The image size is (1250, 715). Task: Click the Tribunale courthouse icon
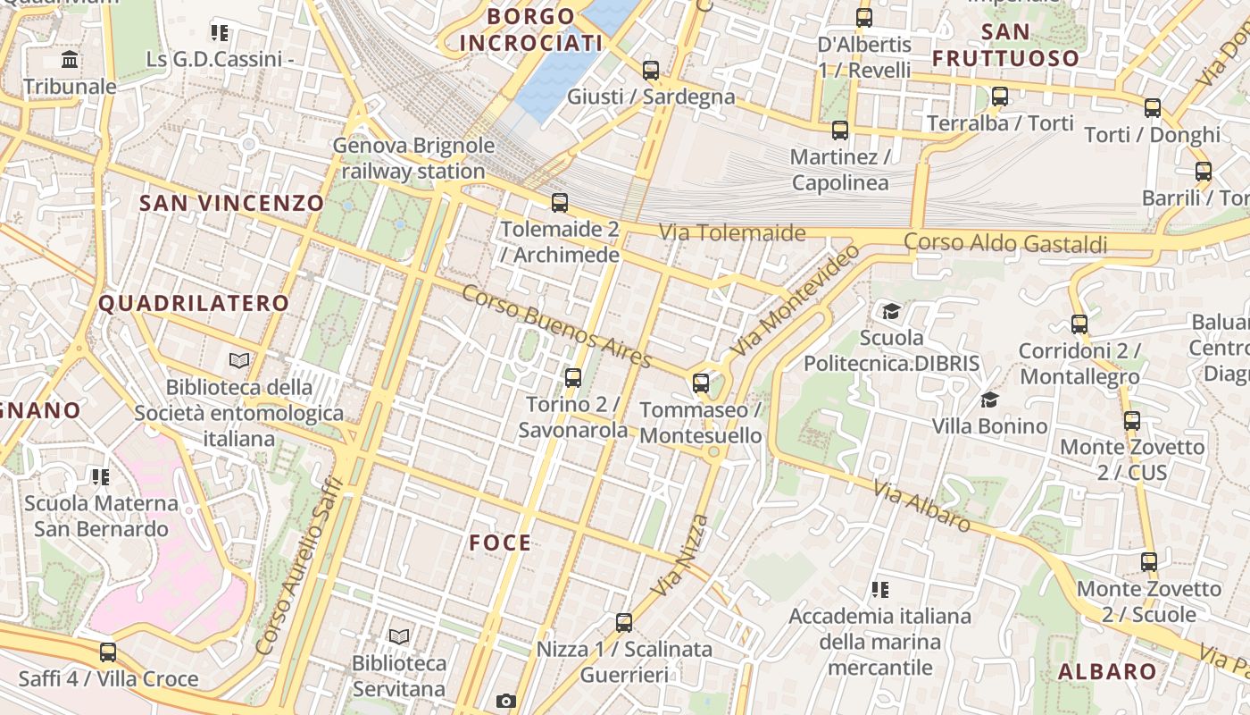click(70, 60)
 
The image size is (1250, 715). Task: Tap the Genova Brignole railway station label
click(413, 158)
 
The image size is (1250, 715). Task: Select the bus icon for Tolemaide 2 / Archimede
click(560, 203)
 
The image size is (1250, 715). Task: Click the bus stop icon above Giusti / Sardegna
click(651, 70)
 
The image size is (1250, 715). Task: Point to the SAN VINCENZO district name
click(231, 203)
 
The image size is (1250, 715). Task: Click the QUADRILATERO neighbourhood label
click(194, 303)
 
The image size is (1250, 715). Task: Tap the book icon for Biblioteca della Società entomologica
click(239, 361)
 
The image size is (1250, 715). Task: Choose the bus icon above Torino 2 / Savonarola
click(573, 378)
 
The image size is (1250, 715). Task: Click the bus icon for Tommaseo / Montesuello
click(701, 383)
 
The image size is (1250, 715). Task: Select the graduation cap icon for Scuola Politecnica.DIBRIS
click(891, 311)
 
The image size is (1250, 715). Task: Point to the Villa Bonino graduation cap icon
click(989, 399)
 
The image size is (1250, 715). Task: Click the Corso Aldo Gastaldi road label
click(1005, 243)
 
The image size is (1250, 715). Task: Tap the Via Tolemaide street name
click(732, 233)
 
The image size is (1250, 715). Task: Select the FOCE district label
click(500, 543)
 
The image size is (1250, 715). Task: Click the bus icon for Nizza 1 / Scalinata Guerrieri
click(624, 623)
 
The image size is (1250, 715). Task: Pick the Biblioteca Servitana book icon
click(399, 636)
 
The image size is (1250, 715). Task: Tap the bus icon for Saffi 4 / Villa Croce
click(108, 652)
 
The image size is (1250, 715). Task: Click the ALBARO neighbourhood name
click(1107, 671)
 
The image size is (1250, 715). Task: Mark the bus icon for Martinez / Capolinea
click(840, 130)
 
